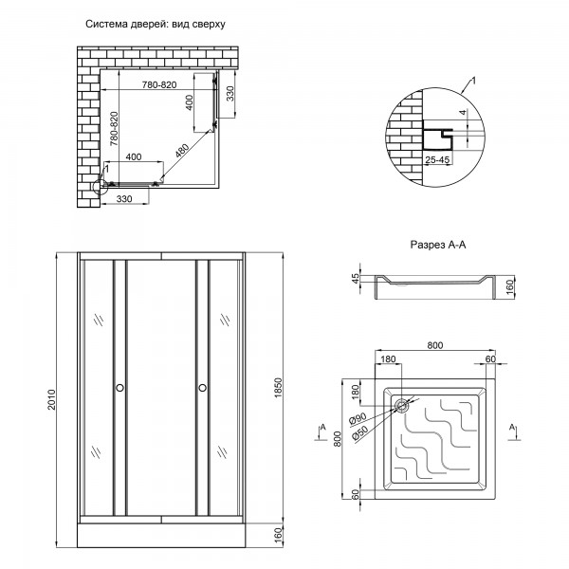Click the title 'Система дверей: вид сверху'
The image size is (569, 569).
point(156,25)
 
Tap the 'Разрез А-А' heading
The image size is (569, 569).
point(437,245)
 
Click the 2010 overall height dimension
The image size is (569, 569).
point(52,399)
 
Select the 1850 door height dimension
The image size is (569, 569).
point(278,388)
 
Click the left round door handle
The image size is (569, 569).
point(119,388)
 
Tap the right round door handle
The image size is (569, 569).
point(203,388)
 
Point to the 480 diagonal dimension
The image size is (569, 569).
point(182,152)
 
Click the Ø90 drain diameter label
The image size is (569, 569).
point(358,418)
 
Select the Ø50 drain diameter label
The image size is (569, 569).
point(360,432)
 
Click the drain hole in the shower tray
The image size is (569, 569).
point(401,406)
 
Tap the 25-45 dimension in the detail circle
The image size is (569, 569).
point(437,159)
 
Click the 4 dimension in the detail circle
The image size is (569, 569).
point(463,113)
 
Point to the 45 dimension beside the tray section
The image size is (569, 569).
point(356,278)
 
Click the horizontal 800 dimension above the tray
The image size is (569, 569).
point(434,345)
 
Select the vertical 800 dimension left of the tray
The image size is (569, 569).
point(338,439)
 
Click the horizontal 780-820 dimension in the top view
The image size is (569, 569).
point(159,84)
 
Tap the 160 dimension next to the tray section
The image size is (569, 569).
point(510,287)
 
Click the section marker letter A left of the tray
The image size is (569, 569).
point(323,428)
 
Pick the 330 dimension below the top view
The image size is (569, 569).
point(124,199)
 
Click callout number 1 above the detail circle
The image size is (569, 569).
point(473,81)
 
